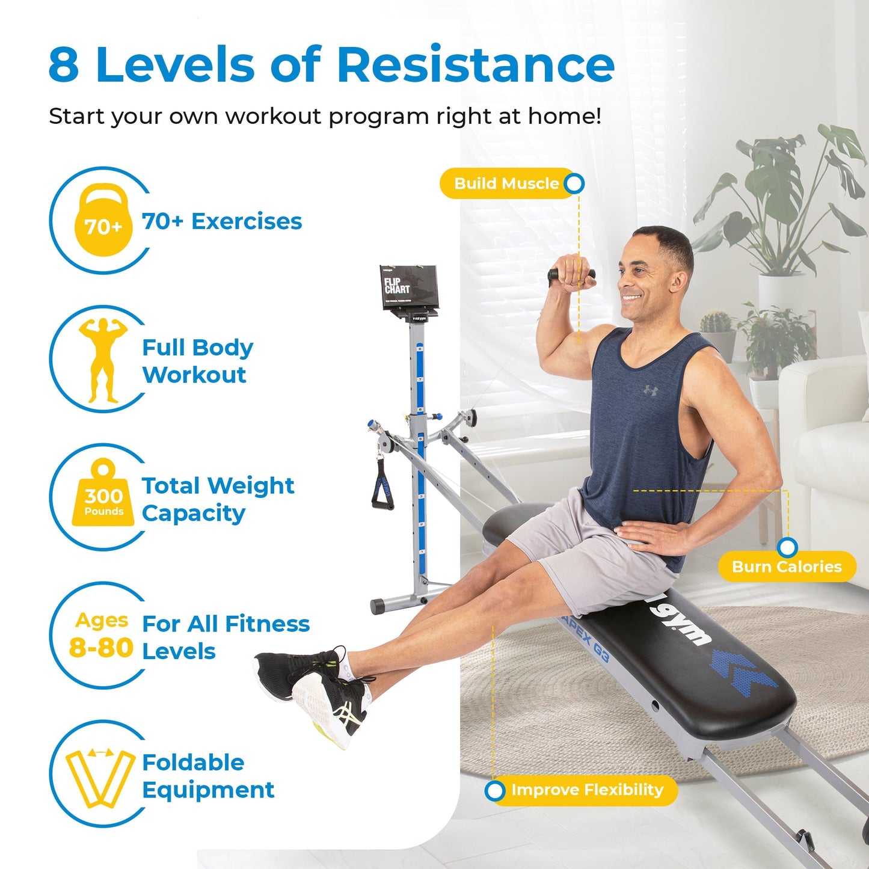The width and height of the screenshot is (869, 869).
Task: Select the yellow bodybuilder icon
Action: (103, 360)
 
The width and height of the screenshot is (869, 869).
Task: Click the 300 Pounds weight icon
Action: (103, 497)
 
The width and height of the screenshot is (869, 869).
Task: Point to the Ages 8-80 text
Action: (101, 635)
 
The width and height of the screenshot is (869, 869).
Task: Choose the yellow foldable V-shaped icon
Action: (100, 778)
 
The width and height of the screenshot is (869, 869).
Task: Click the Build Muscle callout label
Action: (506, 183)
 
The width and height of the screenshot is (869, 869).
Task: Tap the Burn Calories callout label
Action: (787, 567)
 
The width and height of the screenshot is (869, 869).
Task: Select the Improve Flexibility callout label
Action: (587, 790)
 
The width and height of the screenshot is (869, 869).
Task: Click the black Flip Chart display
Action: (408, 288)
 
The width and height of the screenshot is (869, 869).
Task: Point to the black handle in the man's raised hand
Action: (571, 275)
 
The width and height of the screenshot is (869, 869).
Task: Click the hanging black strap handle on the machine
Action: (382, 485)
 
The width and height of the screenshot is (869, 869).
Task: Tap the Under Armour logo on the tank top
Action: (650, 390)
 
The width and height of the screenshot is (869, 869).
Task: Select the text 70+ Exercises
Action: (222, 221)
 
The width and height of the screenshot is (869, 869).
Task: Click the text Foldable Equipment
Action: (207, 776)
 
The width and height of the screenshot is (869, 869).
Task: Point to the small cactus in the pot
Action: (715, 322)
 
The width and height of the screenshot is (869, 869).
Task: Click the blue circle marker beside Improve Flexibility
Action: (495, 790)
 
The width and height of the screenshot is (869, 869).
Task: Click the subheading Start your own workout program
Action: (325, 116)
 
